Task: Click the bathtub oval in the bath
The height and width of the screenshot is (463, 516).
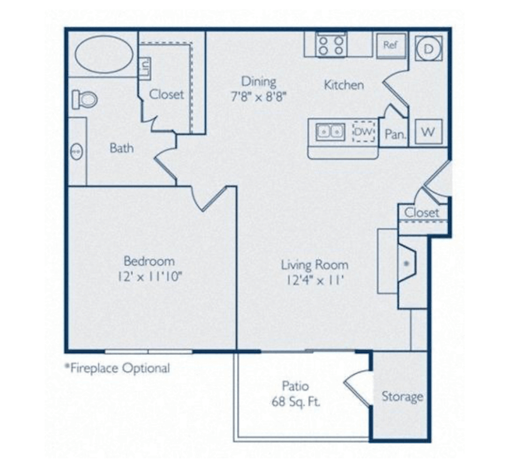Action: pos(104,55)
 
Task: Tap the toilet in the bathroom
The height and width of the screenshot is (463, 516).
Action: pos(85,99)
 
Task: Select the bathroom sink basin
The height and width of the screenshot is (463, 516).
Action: pos(76,152)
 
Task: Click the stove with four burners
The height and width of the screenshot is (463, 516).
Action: pos(331,44)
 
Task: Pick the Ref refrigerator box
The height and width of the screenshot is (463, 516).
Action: pos(391,45)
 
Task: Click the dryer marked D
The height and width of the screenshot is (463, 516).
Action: pos(429,48)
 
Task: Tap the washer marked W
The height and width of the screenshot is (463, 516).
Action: pos(429,132)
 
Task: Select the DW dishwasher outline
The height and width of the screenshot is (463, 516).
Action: pos(364,132)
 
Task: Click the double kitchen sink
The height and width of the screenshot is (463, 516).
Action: pos(330,133)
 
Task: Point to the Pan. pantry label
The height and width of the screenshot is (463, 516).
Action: pos(395,134)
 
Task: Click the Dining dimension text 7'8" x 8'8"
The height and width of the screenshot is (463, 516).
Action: pos(259,97)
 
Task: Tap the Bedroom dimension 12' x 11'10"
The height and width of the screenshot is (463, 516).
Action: pos(150,277)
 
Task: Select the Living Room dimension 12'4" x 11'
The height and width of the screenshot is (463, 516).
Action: pos(315,281)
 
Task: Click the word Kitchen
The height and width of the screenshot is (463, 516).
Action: pos(344,85)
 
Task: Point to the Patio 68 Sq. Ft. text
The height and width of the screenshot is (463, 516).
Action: pos(295,394)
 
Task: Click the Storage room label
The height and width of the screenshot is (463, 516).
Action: pos(402,397)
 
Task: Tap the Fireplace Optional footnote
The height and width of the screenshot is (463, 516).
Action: pos(118,368)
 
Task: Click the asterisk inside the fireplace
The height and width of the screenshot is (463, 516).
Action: pos(406,263)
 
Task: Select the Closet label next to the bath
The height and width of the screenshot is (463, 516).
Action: pos(167,94)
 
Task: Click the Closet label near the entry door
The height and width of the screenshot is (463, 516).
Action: pos(422,213)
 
